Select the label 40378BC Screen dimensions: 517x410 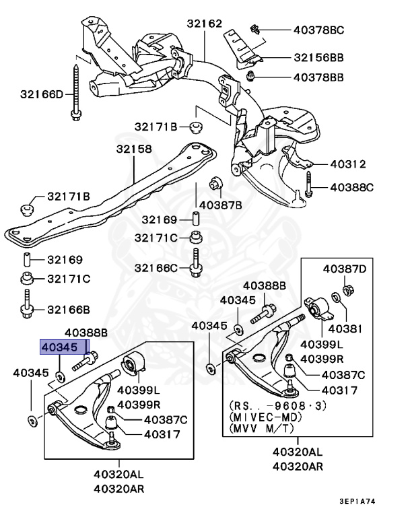(318, 30)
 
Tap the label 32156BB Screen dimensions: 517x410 (318, 58)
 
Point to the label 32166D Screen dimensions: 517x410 (40, 94)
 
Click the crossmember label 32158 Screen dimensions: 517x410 (133, 149)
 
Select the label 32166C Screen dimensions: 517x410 (156, 267)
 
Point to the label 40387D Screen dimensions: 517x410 (344, 269)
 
